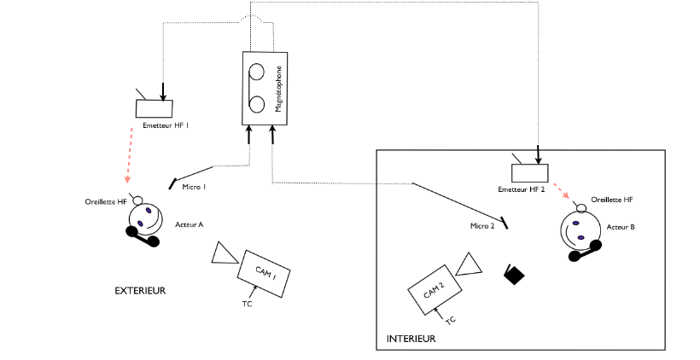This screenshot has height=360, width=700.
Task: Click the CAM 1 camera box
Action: (x=264, y=274)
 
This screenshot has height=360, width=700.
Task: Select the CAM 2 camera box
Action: (x=435, y=290)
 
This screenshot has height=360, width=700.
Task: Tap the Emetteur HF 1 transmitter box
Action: (x=154, y=108)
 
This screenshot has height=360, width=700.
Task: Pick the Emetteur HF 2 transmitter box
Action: (x=529, y=173)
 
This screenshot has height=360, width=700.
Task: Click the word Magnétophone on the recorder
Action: (x=278, y=89)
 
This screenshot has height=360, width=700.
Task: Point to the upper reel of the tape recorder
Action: (x=257, y=72)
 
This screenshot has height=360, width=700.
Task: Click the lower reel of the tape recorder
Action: (x=257, y=105)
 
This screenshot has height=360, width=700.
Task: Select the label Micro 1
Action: (x=194, y=187)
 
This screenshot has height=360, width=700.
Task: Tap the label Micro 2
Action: (x=482, y=226)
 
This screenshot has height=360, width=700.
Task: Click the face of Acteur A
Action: (x=146, y=218)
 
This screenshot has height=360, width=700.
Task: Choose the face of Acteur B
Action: (x=578, y=230)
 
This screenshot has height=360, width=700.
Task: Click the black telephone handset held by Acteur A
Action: (x=143, y=236)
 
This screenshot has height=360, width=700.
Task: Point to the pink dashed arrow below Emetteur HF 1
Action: (x=129, y=155)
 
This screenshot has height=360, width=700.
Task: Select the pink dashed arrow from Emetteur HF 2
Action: (x=562, y=191)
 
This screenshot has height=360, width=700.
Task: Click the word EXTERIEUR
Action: (x=140, y=291)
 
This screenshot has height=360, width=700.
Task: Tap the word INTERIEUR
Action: (x=411, y=339)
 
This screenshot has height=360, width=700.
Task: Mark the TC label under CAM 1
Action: (x=247, y=304)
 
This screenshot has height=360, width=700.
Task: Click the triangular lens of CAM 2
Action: (x=469, y=265)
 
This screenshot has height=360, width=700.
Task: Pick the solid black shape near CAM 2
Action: (x=514, y=275)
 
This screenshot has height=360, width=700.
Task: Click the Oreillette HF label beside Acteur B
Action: (x=612, y=200)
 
